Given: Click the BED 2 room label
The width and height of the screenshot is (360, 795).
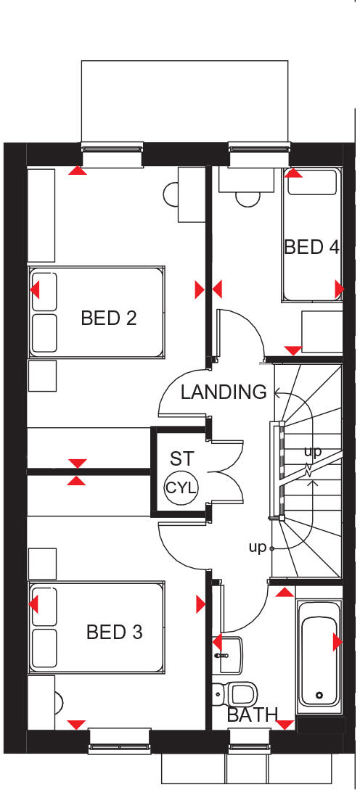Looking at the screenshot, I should (109, 318).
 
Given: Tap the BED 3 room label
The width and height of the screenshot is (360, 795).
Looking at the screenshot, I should (114, 632).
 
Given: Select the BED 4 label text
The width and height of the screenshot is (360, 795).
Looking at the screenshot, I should (311, 247).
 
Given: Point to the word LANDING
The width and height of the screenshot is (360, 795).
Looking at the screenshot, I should (224, 392).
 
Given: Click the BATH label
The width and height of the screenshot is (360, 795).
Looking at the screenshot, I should (252, 715).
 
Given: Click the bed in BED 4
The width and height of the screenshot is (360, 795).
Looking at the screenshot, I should (311, 234).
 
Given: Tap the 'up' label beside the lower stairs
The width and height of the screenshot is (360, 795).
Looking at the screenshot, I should (258, 548).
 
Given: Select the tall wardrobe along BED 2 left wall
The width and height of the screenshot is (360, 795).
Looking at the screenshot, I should (41, 215).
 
